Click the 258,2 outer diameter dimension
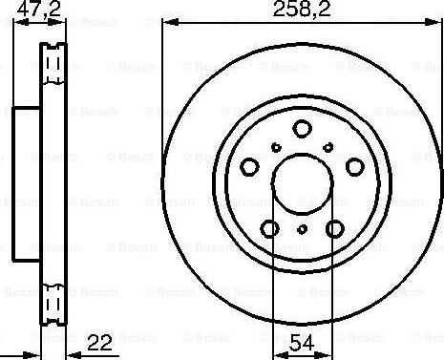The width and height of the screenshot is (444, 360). point(297,11)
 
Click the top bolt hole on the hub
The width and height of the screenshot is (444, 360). point(302,129)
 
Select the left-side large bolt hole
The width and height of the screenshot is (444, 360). point(248,167)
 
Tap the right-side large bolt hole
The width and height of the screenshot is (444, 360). point(355,167)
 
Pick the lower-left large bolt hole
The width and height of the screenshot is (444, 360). point(269,229)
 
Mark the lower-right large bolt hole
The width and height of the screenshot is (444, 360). point(334,229)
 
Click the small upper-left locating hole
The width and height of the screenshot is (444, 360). point(275,146)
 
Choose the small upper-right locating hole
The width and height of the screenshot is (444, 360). point(328,146)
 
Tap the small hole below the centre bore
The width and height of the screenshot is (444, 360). point(302,229)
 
